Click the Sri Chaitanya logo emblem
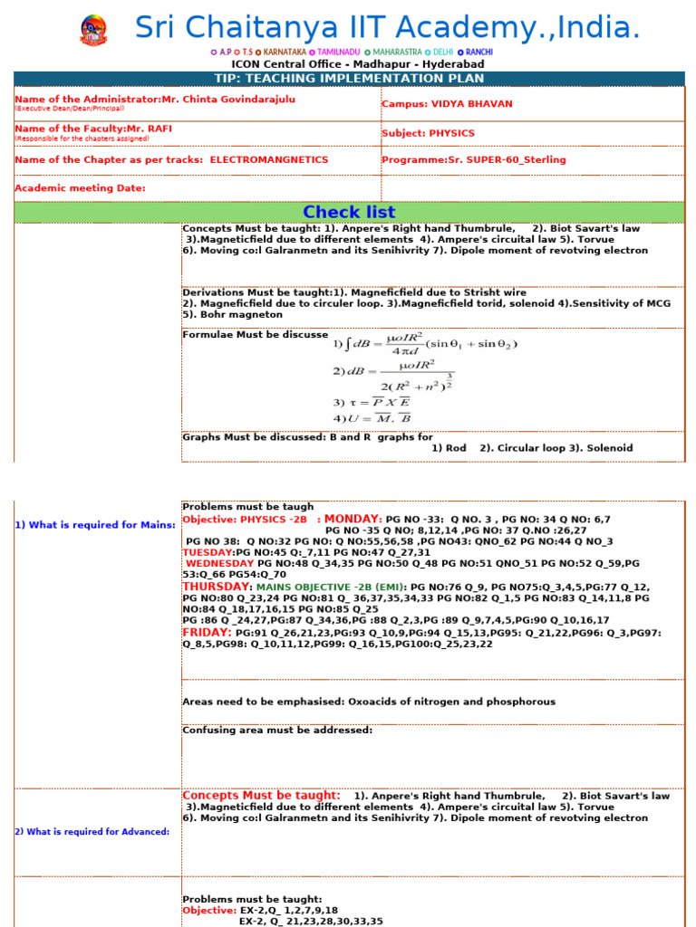click(92, 30)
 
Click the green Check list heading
click(349, 212)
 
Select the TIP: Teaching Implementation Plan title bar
click(349, 79)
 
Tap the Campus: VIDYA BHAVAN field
click(447, 104)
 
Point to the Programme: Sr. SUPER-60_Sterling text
click(473, 159)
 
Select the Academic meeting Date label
click(80, 188)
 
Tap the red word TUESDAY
click(208, 552)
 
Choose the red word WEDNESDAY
click(220, 563)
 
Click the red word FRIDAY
click(207, 632)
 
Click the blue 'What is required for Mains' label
click(95, 525)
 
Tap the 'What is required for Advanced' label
click(92, 832)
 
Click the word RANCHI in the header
click(478, 53)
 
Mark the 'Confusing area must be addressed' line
click(277, 731)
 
